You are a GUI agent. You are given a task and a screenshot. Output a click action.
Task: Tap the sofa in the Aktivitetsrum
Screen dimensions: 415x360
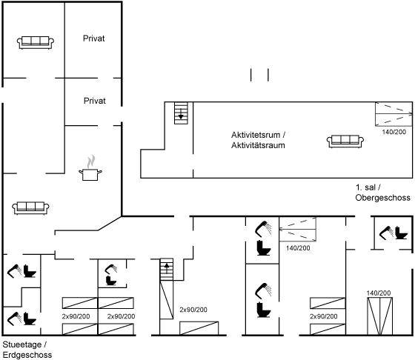pyautogui.click(x=345, y=141)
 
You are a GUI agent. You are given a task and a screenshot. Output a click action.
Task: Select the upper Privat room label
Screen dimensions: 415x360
pyautogui.click(x=93, y=39)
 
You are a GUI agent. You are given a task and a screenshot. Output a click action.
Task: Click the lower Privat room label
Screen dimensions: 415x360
pyautogui.click(x=95, y=101)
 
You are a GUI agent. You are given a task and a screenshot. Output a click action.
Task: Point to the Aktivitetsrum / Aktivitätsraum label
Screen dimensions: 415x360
pyautogui.click(x=259, y=140)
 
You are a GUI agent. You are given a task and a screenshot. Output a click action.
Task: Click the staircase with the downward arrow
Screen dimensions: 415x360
pyautogui.click(x=181, y=113)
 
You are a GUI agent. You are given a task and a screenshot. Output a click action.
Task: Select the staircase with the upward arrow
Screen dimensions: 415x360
pyautogui.click(x=167, y=270)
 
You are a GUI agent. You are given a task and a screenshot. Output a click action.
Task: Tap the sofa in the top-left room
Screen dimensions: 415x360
pyautogui.click(x=36, y=42)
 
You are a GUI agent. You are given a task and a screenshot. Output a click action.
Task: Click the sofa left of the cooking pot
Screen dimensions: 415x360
pyautogui.click(x=30, y=208)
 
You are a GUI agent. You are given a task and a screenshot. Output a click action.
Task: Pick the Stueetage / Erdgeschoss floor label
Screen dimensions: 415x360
pyautogui.click(x=27, y=350)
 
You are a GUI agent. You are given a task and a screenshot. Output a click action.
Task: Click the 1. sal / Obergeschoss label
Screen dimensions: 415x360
pyautogui.click(x=382, y=193)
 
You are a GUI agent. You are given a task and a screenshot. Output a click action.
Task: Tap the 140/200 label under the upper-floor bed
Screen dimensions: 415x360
pyautogui.click(x=394, y=132)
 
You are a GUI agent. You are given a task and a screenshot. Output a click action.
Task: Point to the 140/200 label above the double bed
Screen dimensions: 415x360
pyautogui.click(x=379, y=293)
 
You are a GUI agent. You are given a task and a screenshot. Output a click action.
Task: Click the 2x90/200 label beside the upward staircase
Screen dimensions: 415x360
pyautogui.click(x=193, y=310)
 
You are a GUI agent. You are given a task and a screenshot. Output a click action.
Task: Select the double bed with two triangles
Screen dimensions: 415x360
pyautogui.click(x=379, y=316)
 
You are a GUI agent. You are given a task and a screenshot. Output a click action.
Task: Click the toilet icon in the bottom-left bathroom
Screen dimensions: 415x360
pyautogui.click(x=30, y=319)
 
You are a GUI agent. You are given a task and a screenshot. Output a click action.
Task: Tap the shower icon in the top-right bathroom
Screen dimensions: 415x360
pyautogui.click(x=386, y=233)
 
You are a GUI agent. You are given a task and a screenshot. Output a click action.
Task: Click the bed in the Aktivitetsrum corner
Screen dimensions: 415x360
pyautogui.click(x=394, y=114)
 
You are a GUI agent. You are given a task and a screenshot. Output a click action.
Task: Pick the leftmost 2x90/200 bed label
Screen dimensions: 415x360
pyautogui.click(x=76, y=316)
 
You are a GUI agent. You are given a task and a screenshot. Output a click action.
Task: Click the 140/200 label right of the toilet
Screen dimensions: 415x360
pyautogui.click(x=298, y=248)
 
